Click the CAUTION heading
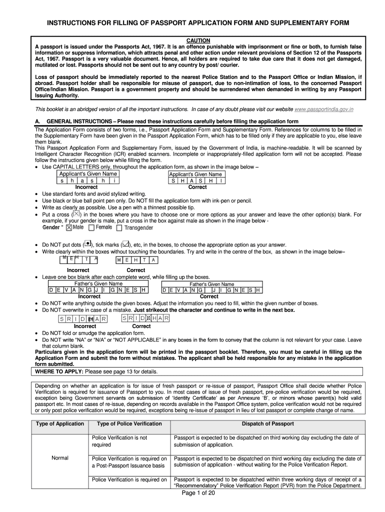[198, 40]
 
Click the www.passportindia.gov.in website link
[324, 108]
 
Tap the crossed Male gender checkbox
[69, 227]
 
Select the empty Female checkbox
[91, 227]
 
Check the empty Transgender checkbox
[119, 228]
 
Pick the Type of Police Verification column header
[129, 424]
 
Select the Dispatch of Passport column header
[267, 424]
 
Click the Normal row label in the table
[60, 458]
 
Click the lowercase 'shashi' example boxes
[89, 180]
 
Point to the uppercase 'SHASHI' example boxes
[197, 180]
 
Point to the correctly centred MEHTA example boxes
[136, 260]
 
